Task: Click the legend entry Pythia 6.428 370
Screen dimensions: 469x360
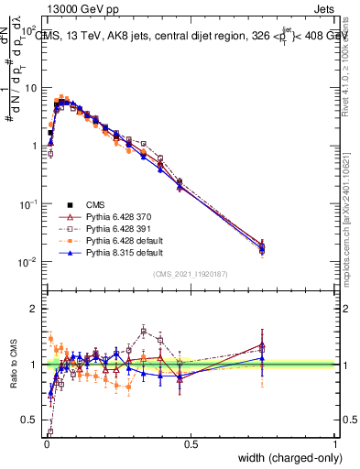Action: click(116, 215)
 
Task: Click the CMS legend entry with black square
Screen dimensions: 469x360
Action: click(94, 204)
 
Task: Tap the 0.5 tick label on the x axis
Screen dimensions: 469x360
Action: click(191, 444)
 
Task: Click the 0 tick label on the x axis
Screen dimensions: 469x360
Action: click(46, 444)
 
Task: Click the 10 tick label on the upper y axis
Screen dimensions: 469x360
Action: click(29, 88)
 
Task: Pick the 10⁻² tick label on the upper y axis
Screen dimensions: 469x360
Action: click(27, 262)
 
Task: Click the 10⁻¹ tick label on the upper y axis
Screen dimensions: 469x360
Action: click(27, 204)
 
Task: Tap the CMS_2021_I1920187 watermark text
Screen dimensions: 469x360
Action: click(191, 274)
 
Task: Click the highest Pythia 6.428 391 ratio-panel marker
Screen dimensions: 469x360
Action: click(144, 331)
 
